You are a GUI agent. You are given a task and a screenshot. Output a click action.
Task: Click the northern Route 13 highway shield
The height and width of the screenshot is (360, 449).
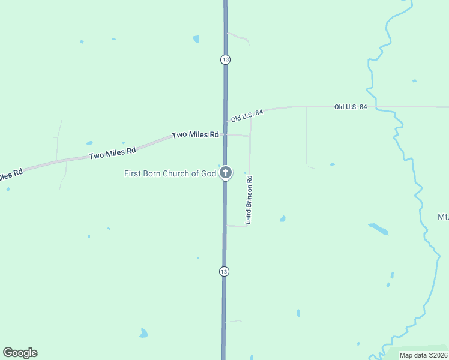pos(225,59)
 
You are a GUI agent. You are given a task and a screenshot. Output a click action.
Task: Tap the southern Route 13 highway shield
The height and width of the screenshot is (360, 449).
pos(224,271)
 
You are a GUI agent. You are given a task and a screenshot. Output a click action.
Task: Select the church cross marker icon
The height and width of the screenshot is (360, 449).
pos(225,173)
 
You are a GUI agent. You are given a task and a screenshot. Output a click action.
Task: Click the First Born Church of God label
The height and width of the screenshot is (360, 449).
pos(170,174)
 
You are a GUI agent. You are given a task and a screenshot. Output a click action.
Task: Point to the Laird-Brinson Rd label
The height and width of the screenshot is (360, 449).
pos(249,200)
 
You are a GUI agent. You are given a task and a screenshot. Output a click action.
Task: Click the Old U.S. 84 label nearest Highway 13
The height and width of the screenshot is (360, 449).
pos(247,115)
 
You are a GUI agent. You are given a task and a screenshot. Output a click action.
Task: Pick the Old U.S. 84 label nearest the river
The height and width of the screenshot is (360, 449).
pos(351,107)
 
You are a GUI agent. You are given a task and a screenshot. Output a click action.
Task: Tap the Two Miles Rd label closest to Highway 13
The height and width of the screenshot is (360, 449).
pos(195,135)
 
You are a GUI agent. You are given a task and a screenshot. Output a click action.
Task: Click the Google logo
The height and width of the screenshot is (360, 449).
pos(20,353)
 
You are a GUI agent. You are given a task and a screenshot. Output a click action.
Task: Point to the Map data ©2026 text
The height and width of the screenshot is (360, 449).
pos(424,355)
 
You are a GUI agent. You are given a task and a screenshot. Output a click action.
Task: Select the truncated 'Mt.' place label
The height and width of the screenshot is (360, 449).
pos(443,217)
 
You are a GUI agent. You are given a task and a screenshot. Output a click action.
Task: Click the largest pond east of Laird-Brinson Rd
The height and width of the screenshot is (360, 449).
pos(378,229)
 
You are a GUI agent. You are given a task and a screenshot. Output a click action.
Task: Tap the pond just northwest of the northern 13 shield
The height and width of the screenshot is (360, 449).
pos(196,39)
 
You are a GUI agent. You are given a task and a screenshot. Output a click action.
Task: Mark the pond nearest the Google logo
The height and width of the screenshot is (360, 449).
pos(143,333)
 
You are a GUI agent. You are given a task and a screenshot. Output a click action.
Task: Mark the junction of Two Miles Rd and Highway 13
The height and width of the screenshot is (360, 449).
pos(225,134)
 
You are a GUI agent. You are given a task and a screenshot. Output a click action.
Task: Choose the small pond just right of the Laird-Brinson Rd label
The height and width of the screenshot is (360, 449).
pos(282,219)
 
